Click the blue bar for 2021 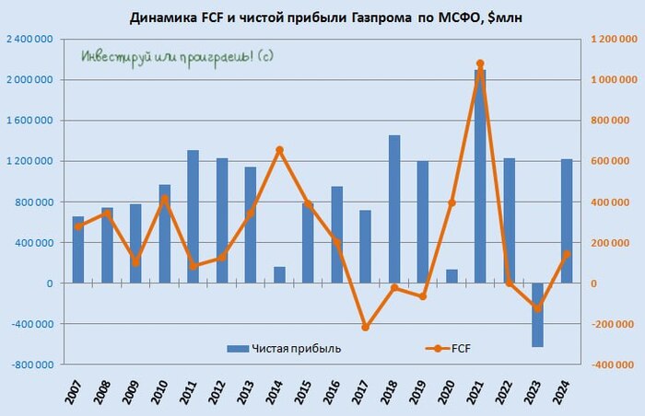tap(480, 175)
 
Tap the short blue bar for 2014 tap(279, 275)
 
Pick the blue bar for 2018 tap(394, 209)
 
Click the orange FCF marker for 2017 tap(366, 327)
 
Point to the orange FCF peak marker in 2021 tap(480, 64)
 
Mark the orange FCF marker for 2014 tap(279, 150)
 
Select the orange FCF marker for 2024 tap(566, 254)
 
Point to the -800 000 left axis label tap(34, 364)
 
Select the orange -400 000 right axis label tap(611, 364)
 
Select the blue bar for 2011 tap(193, 216)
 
